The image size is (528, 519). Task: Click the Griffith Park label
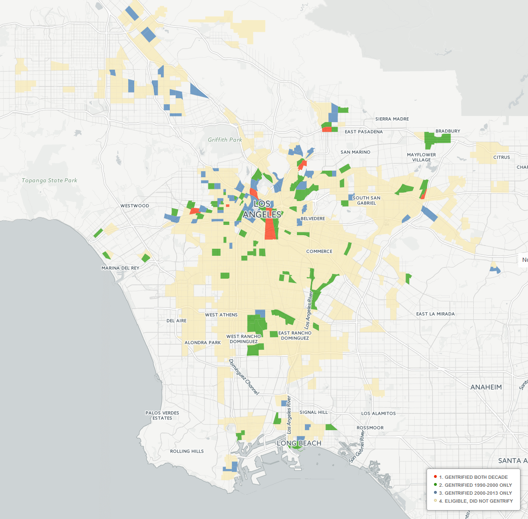click(x=225, y=140)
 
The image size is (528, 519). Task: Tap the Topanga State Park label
click(x=50, y=180)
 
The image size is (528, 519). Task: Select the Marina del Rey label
click(x=120, y=268)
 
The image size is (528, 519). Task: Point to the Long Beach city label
click(x=299, y=443)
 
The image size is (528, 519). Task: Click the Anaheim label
click(x=486, y=387)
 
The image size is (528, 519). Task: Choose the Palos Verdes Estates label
click(x=162, y=416)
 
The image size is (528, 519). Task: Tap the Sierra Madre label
click(x=392, y=119)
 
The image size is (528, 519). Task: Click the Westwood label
click(x=135, y=206)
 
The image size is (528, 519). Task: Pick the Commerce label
click(x=319, y=252)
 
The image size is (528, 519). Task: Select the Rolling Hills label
click(x=187, y=451)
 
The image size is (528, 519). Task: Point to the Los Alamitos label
click(x=378, y=413)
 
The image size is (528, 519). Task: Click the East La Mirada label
click(x=435, y=314)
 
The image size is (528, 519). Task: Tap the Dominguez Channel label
click(x=244, y=376)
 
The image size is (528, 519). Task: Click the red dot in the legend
click(x=435, y=477)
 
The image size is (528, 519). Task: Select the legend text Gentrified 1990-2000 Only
click(x=475, y=485)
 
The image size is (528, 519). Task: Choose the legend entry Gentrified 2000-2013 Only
click(x=475, y=493)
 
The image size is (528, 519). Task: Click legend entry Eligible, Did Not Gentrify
click(x=476, y=501)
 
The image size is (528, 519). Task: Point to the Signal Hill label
click(x=313, y=412)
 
